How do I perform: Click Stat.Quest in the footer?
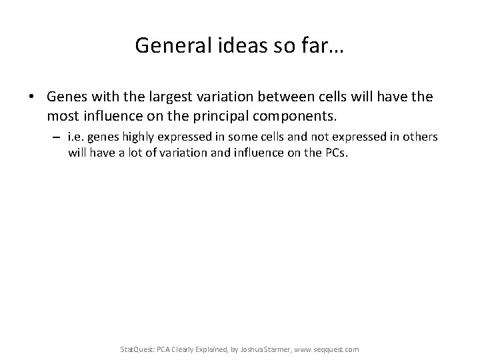point(135,349)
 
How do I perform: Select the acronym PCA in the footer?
point(163,349)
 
